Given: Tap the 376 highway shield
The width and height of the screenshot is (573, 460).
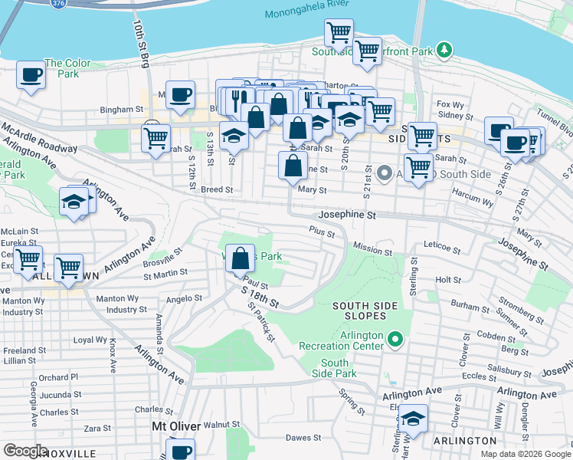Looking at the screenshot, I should [x=58, y=3].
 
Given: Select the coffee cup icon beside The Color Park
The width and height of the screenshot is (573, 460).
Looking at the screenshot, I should [x=31, y=75].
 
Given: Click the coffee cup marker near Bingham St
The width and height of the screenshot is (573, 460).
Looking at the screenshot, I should [x=180, y=94].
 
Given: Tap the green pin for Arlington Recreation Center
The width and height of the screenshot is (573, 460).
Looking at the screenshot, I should [x=395, y=338].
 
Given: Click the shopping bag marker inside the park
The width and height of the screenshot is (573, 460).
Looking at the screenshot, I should [x=241, y=258].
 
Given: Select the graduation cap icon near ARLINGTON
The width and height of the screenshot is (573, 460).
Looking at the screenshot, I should [x=413, y=419].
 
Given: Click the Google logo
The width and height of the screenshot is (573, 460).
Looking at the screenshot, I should [x=26, y=451].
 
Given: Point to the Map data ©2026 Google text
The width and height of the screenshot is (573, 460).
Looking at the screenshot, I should [x=526, y=454].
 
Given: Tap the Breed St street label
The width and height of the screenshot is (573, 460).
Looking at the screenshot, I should [x=218, y=189].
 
